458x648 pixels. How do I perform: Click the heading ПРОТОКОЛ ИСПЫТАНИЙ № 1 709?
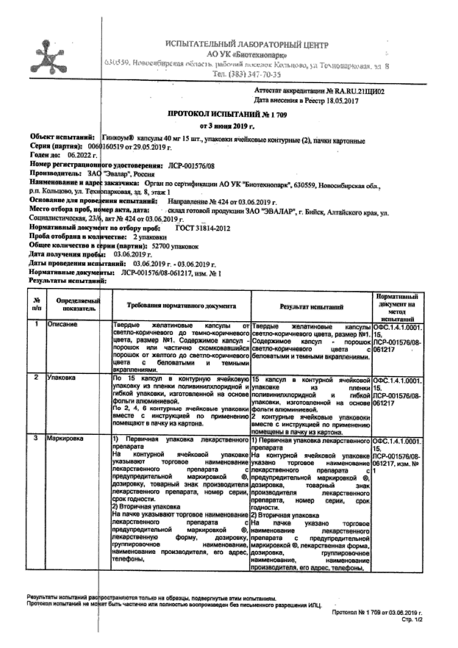[x=227, y=115]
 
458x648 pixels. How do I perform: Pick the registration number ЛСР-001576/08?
[x=190, y=165]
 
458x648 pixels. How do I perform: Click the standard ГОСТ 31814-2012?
[x=202, y=228]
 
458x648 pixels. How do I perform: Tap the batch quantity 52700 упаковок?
[x=177, y=246]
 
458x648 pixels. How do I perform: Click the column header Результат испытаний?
[x=311, y=307]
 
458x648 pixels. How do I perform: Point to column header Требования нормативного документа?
[x=181, y=306]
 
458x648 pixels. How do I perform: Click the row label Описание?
[x=62, y=324]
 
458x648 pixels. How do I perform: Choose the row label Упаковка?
[x=61, y=377]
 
